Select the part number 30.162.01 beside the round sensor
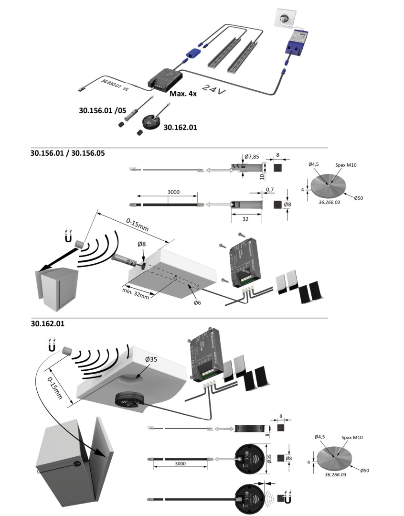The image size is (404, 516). [x=180, y=128]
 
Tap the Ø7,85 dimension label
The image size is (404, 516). [x=252, y=157]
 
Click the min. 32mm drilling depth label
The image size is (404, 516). [x=136, y=292]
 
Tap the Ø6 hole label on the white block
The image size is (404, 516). [x=197, y=302]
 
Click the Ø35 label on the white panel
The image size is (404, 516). [x=152, y=359]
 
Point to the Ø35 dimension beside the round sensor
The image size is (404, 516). [x=269, y=459]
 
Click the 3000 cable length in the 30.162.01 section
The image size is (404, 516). [x=180, y=463]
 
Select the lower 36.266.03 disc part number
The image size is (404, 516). [x=335, y=475]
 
